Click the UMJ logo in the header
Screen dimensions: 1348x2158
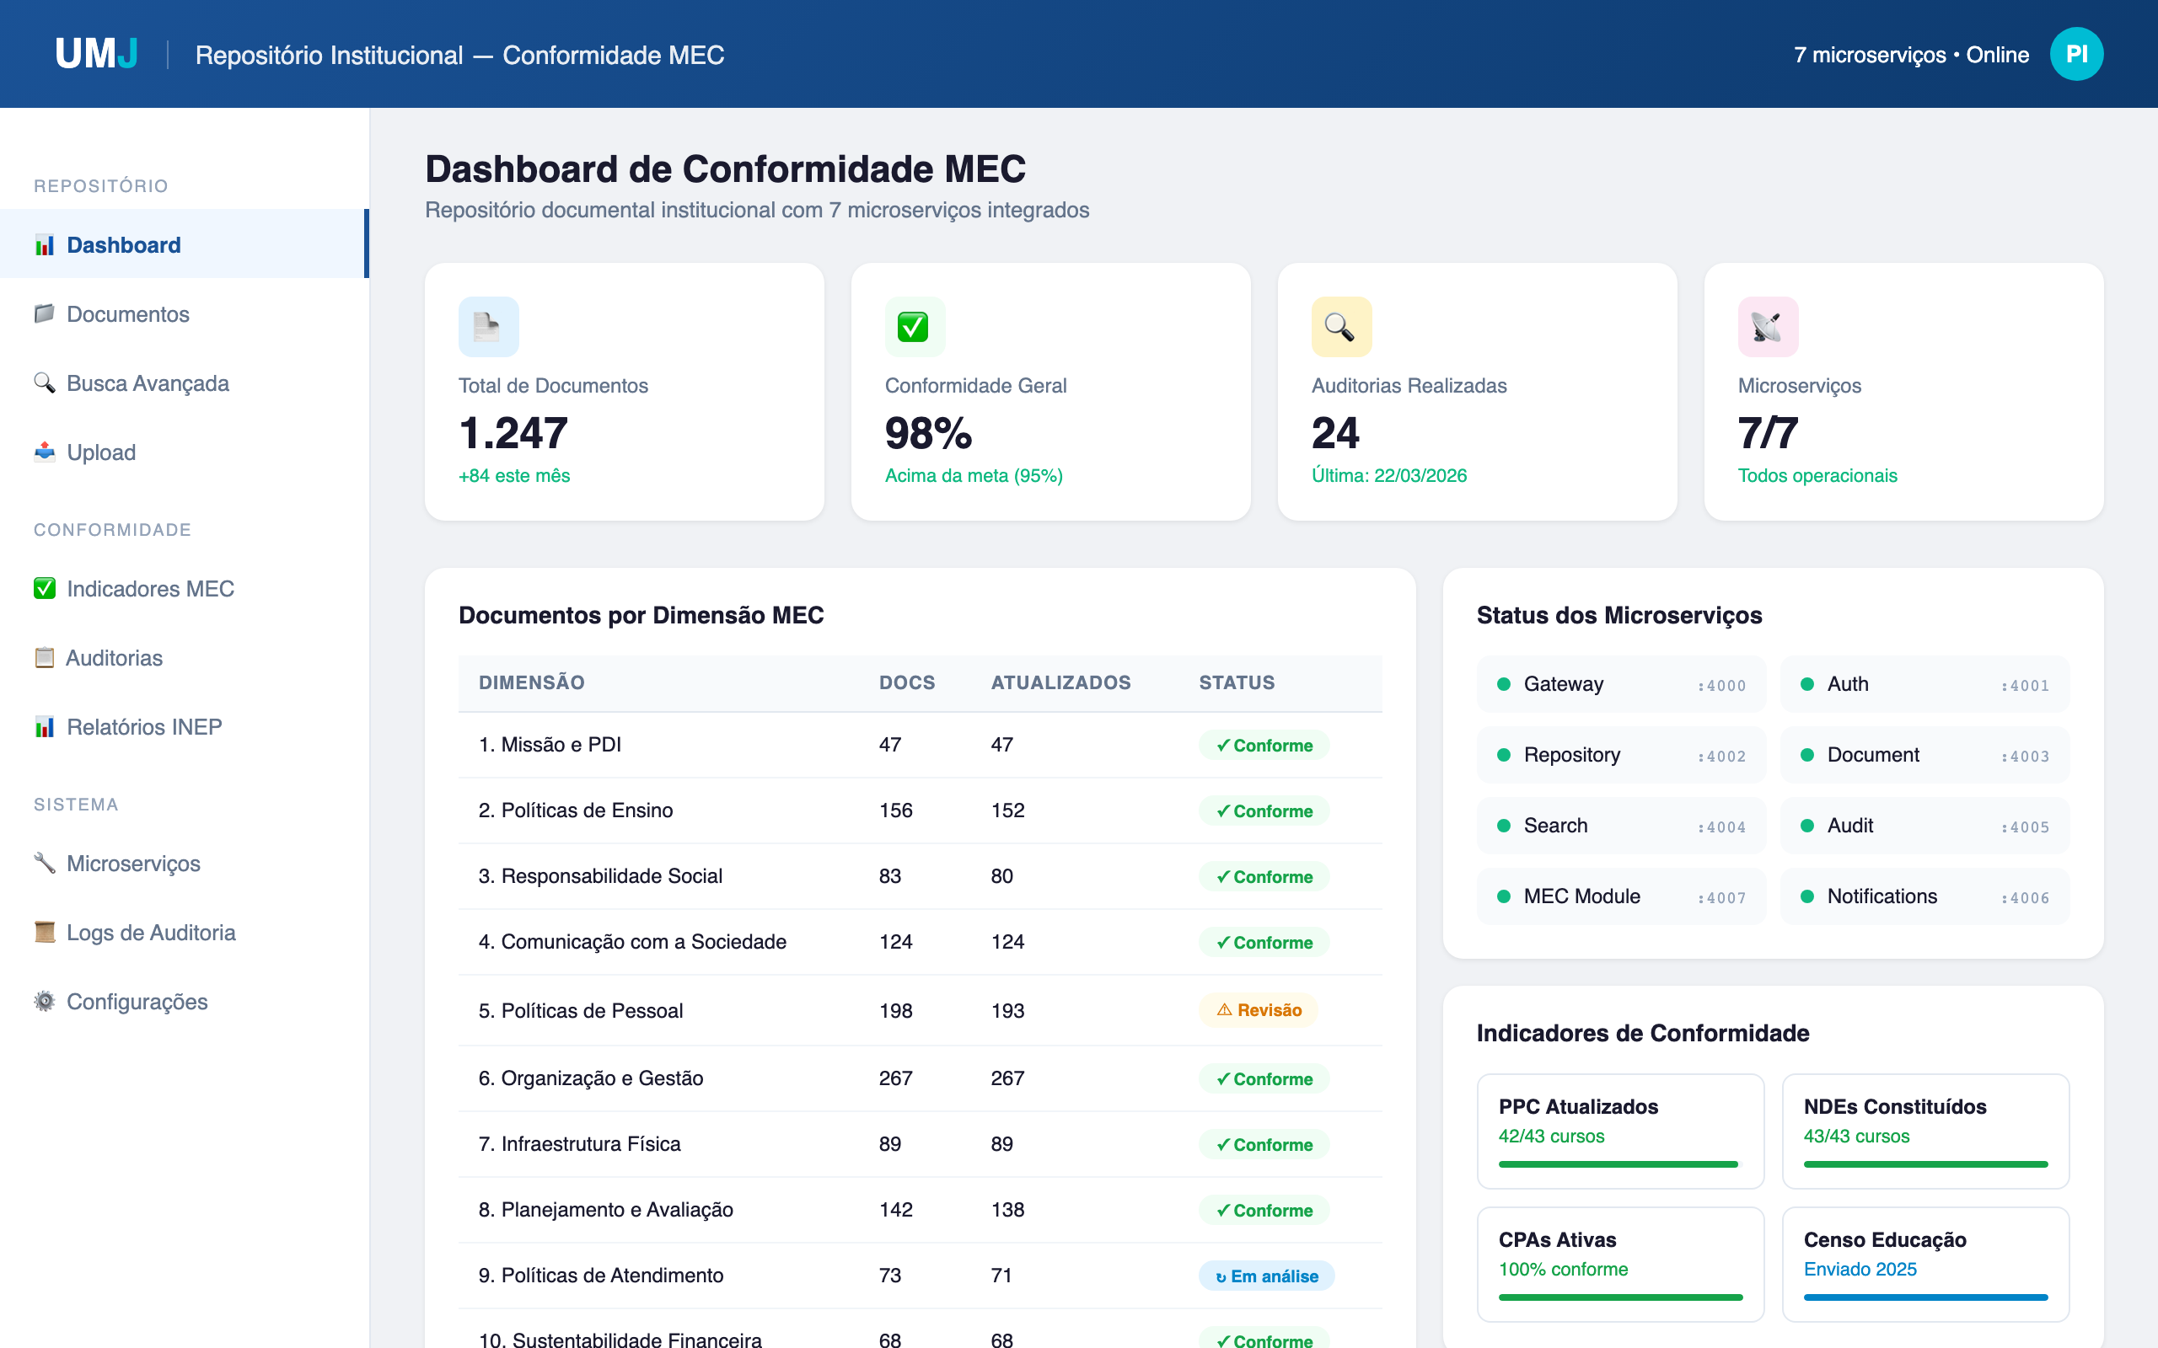click(x=96, y=55)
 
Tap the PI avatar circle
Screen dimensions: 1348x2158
click(x=2075, y=55)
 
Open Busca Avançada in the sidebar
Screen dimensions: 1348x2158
click(x=148, y=383)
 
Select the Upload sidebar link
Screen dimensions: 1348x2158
click(x=101, y=452)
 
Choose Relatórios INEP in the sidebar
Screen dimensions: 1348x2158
click(x=143, y=726)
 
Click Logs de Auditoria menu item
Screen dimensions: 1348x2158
click(x=151, y=933)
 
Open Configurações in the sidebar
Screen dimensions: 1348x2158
click(x=137, y=1001)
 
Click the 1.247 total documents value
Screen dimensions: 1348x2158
click(x=513, y=433)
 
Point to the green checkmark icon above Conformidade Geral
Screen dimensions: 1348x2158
click(x=914, y=327)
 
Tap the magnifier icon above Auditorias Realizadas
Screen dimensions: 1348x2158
click(x=1340, y=327)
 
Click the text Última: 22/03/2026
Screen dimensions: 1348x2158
click(x=1388, y=476)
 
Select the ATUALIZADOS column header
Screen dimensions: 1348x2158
click(x=1060, y=683)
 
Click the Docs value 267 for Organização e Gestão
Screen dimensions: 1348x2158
click(x=895, y=1078)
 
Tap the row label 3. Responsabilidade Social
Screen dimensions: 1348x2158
click(x=600, y=876)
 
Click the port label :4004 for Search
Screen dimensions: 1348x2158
click(x=1721, y=827)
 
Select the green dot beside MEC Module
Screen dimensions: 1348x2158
click(x=1504, y=897)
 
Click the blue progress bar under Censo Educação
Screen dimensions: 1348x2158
click(x=1924, y=1297)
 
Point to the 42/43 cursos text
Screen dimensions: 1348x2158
click(x=1551, y=1136)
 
